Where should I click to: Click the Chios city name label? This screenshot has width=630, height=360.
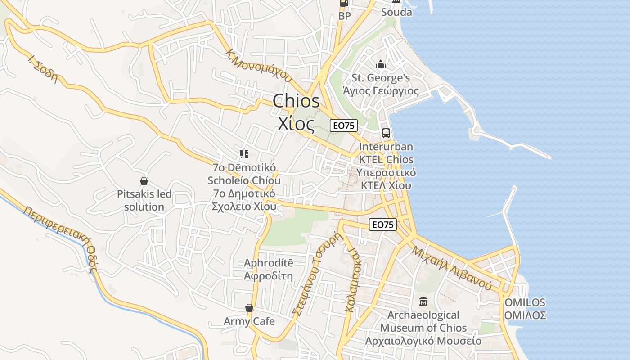coord(296,101)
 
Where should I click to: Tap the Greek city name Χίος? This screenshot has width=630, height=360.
coord(295,122)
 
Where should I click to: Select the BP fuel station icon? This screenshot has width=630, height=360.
coord(344,4)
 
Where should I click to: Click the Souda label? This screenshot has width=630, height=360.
coord(396,12)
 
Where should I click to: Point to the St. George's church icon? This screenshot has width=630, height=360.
coord(381,65)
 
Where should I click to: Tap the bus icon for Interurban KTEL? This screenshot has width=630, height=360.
coord(386,133)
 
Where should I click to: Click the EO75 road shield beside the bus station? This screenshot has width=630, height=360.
coord(344,126)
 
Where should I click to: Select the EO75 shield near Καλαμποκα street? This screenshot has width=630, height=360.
coord(382,225)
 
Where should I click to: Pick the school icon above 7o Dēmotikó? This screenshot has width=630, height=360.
coord(244,155)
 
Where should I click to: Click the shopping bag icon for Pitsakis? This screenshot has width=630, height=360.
coord(144,181)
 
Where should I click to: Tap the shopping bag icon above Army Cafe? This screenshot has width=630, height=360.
coord(249,308)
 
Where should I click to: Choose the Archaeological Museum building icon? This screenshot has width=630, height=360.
coord(423,301)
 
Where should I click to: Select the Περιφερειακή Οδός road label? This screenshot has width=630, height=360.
coord(60,239)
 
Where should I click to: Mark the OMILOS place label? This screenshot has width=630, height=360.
coord(525,302)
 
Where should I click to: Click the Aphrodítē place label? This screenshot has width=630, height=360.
coord(268,263)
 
